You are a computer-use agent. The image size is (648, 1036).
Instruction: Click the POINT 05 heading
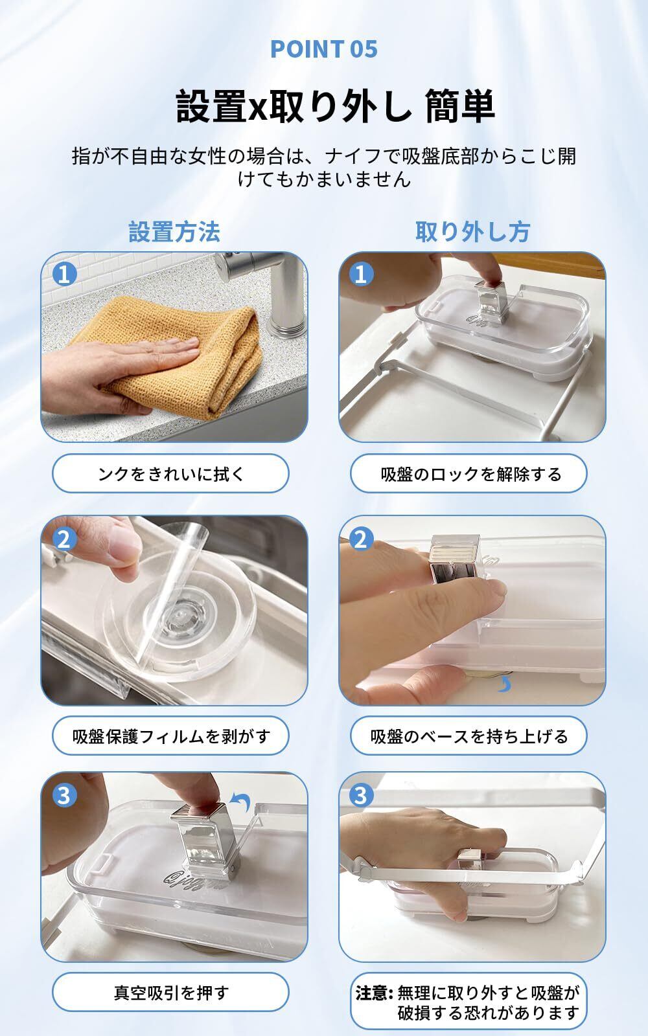click(324, 49)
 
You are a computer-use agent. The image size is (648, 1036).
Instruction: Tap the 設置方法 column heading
click(174, 232)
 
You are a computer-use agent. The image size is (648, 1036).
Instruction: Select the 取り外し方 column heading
click(472, 232)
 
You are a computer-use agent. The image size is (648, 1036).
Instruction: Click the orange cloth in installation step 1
click(185, 356)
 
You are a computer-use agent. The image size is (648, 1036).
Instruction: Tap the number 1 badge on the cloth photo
click(64, 275)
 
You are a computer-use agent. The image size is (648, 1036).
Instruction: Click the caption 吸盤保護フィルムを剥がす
click(171, 736)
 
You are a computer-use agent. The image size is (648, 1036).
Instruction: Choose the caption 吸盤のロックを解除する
click(471, 474)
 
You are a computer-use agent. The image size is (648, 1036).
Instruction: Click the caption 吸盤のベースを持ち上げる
click(469, 736)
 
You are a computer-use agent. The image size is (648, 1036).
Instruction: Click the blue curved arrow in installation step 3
click(242, 800)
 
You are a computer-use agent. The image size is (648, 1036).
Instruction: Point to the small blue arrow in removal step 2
click(505, 685)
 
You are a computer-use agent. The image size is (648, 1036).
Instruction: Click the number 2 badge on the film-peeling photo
click(64, 539)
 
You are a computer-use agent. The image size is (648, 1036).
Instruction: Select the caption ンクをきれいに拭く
click(171, 474)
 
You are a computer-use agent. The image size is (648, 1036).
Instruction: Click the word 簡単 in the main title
click(460, 106)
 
